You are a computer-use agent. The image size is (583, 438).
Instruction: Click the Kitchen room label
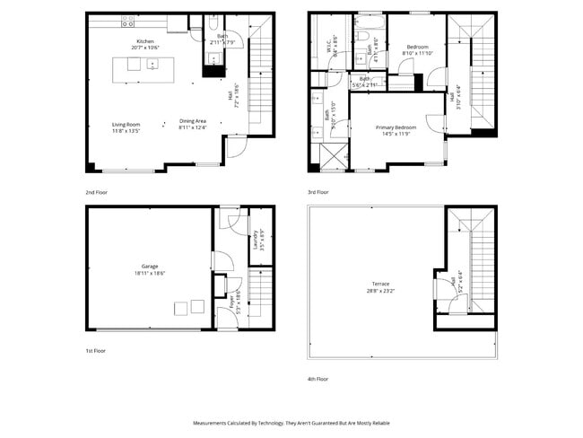145,42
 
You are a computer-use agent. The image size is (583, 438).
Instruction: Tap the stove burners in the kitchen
126,19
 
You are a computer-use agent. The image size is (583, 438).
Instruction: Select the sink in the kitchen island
152,64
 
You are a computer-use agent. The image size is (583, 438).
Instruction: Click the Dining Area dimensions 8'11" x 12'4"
193,128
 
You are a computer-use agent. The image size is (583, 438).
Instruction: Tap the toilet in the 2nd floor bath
213,24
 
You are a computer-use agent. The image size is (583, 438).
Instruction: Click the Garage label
149,267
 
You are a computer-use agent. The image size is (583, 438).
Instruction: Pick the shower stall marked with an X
332,156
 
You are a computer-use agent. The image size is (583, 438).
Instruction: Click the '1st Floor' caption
95,351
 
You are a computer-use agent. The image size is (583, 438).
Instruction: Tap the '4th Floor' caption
318,379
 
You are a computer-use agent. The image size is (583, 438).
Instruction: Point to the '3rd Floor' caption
318,192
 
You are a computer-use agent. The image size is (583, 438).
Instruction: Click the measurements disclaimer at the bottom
291,422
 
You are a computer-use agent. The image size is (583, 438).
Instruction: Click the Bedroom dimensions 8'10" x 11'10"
417,53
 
